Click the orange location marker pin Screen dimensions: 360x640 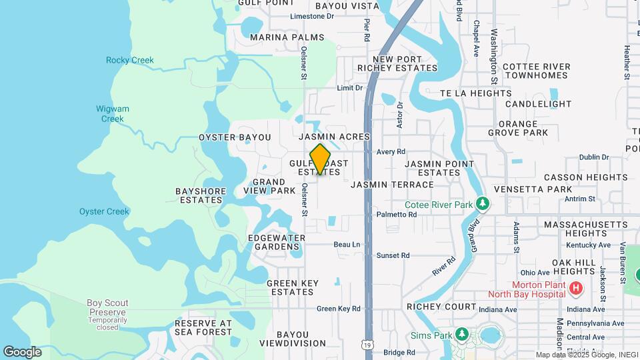pos(320,159)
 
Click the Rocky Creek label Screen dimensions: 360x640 pos(129,60)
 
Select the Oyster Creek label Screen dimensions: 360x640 pos(104,211)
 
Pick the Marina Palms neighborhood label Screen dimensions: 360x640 pos(287,37)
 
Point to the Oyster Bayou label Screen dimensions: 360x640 pos(235,137)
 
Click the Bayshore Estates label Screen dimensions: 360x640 pos(200,195)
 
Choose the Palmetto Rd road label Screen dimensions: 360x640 pos(396,215)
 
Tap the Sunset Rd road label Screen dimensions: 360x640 pos(393,255)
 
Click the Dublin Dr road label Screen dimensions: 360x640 pos(594,157)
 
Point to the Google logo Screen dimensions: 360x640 pos(22,351)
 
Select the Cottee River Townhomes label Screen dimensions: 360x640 pos(537,71)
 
